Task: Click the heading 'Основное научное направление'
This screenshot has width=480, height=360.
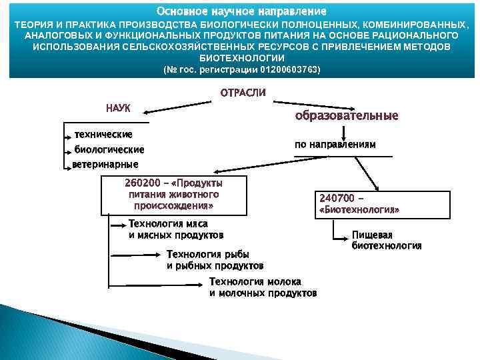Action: [241, 12]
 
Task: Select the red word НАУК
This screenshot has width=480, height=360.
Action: [118, 108]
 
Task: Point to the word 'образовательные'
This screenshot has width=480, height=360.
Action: [346, 115]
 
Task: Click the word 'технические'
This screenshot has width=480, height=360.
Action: [103, 135]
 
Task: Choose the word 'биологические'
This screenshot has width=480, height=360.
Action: [109, 149]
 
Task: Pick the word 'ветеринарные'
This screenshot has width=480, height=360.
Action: [105, 164]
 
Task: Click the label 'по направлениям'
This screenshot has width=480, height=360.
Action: [335, 144]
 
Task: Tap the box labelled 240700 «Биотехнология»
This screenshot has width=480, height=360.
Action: [359, 203]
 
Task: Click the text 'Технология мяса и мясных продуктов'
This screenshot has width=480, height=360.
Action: [175, 229]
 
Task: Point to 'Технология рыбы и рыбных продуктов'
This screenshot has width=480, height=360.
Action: [215, 260]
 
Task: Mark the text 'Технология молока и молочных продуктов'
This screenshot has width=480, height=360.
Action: [263, 287]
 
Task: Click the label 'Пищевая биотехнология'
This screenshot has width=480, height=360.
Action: [386, 240]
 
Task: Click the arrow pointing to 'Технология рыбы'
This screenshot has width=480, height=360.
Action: [137, 254]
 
